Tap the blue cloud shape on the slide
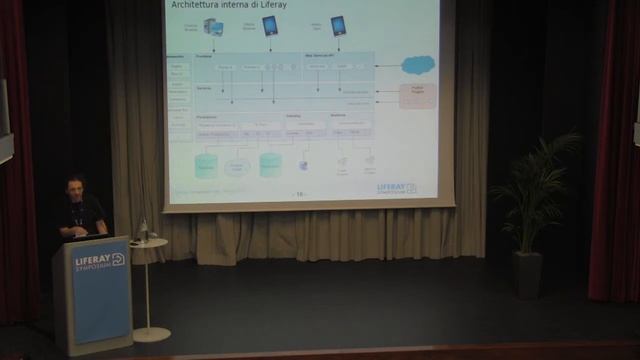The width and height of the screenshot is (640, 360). [x=418, y=65]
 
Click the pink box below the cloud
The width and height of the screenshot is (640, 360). [x=417, y=96]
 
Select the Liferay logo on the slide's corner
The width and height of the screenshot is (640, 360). [x=397, y=187]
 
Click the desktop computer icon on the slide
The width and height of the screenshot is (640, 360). [x=213, y=27]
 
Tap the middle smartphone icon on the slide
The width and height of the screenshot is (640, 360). [x=270, y=26]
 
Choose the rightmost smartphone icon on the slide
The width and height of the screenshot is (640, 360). [x=338, y=26]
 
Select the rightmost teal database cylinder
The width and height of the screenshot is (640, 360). [x=270, y=164]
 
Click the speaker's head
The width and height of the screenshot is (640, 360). [x=75, y=187]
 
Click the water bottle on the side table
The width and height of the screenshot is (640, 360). [x=143, y=231]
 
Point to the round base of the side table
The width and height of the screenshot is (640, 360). [x=151, y=334]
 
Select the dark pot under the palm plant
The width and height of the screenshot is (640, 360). [x=527, y=274]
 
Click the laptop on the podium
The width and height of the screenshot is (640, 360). [x=90, y=236]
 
